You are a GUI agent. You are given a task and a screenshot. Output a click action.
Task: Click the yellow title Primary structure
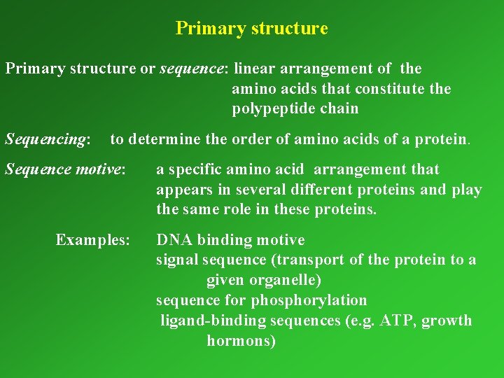(251, 29)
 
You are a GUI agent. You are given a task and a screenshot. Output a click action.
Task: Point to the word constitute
(390, 89)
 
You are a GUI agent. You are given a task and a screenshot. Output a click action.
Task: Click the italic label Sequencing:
(48, 139)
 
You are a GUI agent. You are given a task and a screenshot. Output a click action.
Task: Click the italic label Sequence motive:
(65, 169)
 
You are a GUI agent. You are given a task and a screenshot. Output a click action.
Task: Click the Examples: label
(92, 240)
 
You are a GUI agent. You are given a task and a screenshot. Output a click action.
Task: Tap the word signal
(177, 260)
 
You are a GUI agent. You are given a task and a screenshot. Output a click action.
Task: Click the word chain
(339, 109)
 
